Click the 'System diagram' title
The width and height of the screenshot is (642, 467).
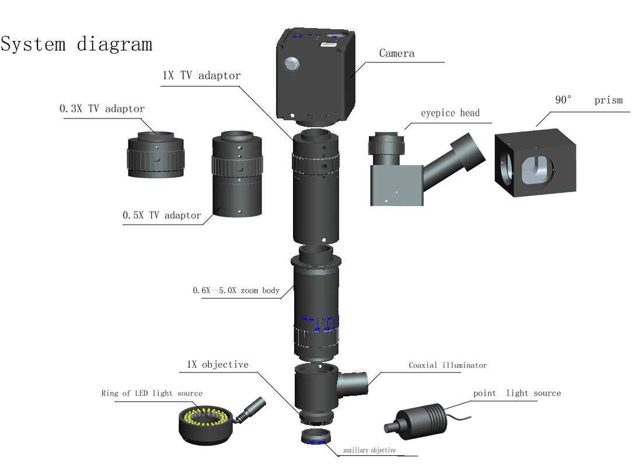click(x=76, y=44)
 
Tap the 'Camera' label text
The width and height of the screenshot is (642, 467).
click(x=397, y=54)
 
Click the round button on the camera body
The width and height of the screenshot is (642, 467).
click(x=291, y=64)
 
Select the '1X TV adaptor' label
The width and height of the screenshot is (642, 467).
click(x=201, y=75)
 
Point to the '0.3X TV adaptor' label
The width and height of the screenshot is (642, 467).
click(x=102, y=109)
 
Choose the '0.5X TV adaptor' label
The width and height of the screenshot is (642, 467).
click(x=162, y=215)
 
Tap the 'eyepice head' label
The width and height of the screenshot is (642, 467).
click(x=450, y=113)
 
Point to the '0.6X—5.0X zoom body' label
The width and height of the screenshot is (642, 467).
click(x=236, y=290)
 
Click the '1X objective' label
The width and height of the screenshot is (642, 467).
click(x=217, y=365)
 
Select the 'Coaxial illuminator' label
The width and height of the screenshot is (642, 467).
click(x=447, y=365)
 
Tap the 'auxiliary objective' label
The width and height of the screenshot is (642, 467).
click(x=369, y=450)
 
